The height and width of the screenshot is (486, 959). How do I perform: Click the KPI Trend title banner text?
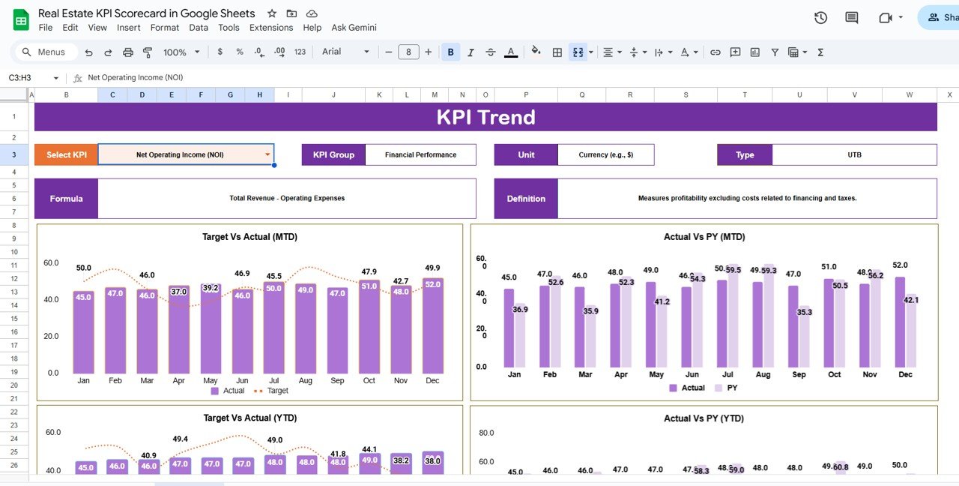pos(485,117)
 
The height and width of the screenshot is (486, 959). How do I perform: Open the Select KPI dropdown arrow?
pos(267,155)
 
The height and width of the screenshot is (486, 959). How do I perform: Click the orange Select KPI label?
pos(66,155)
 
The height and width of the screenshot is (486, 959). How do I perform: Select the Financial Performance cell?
pos(420,155)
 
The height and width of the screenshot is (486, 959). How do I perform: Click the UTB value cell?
pos(854,155)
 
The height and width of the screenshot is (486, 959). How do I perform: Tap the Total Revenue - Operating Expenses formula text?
pos(287,199)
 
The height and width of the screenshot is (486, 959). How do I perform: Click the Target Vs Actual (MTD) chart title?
pos(249,237)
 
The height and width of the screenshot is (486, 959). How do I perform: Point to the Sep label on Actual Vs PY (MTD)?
pos(799,374)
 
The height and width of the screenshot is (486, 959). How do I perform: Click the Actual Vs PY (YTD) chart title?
pos(704,418)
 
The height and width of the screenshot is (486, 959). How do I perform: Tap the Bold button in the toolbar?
pos(450,52)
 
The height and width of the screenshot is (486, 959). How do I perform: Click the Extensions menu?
pos(271,28)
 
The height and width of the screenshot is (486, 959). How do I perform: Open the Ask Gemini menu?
pos(354,28)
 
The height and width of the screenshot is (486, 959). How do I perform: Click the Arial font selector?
pos(345,52)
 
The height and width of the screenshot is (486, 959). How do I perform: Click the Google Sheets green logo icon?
pos(21,20)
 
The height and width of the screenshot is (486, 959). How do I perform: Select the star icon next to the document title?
pos(272,13)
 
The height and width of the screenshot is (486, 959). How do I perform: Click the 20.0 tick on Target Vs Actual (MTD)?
pos(52,336)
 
